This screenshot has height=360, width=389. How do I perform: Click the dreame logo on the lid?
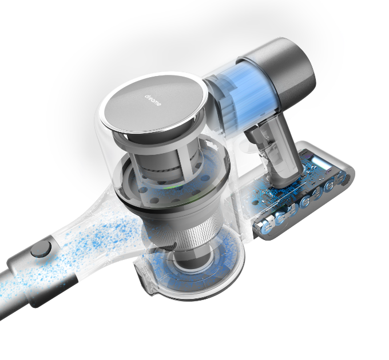[x=153, y=100]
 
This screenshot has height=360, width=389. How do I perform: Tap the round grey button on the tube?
[x=41, y=249]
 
